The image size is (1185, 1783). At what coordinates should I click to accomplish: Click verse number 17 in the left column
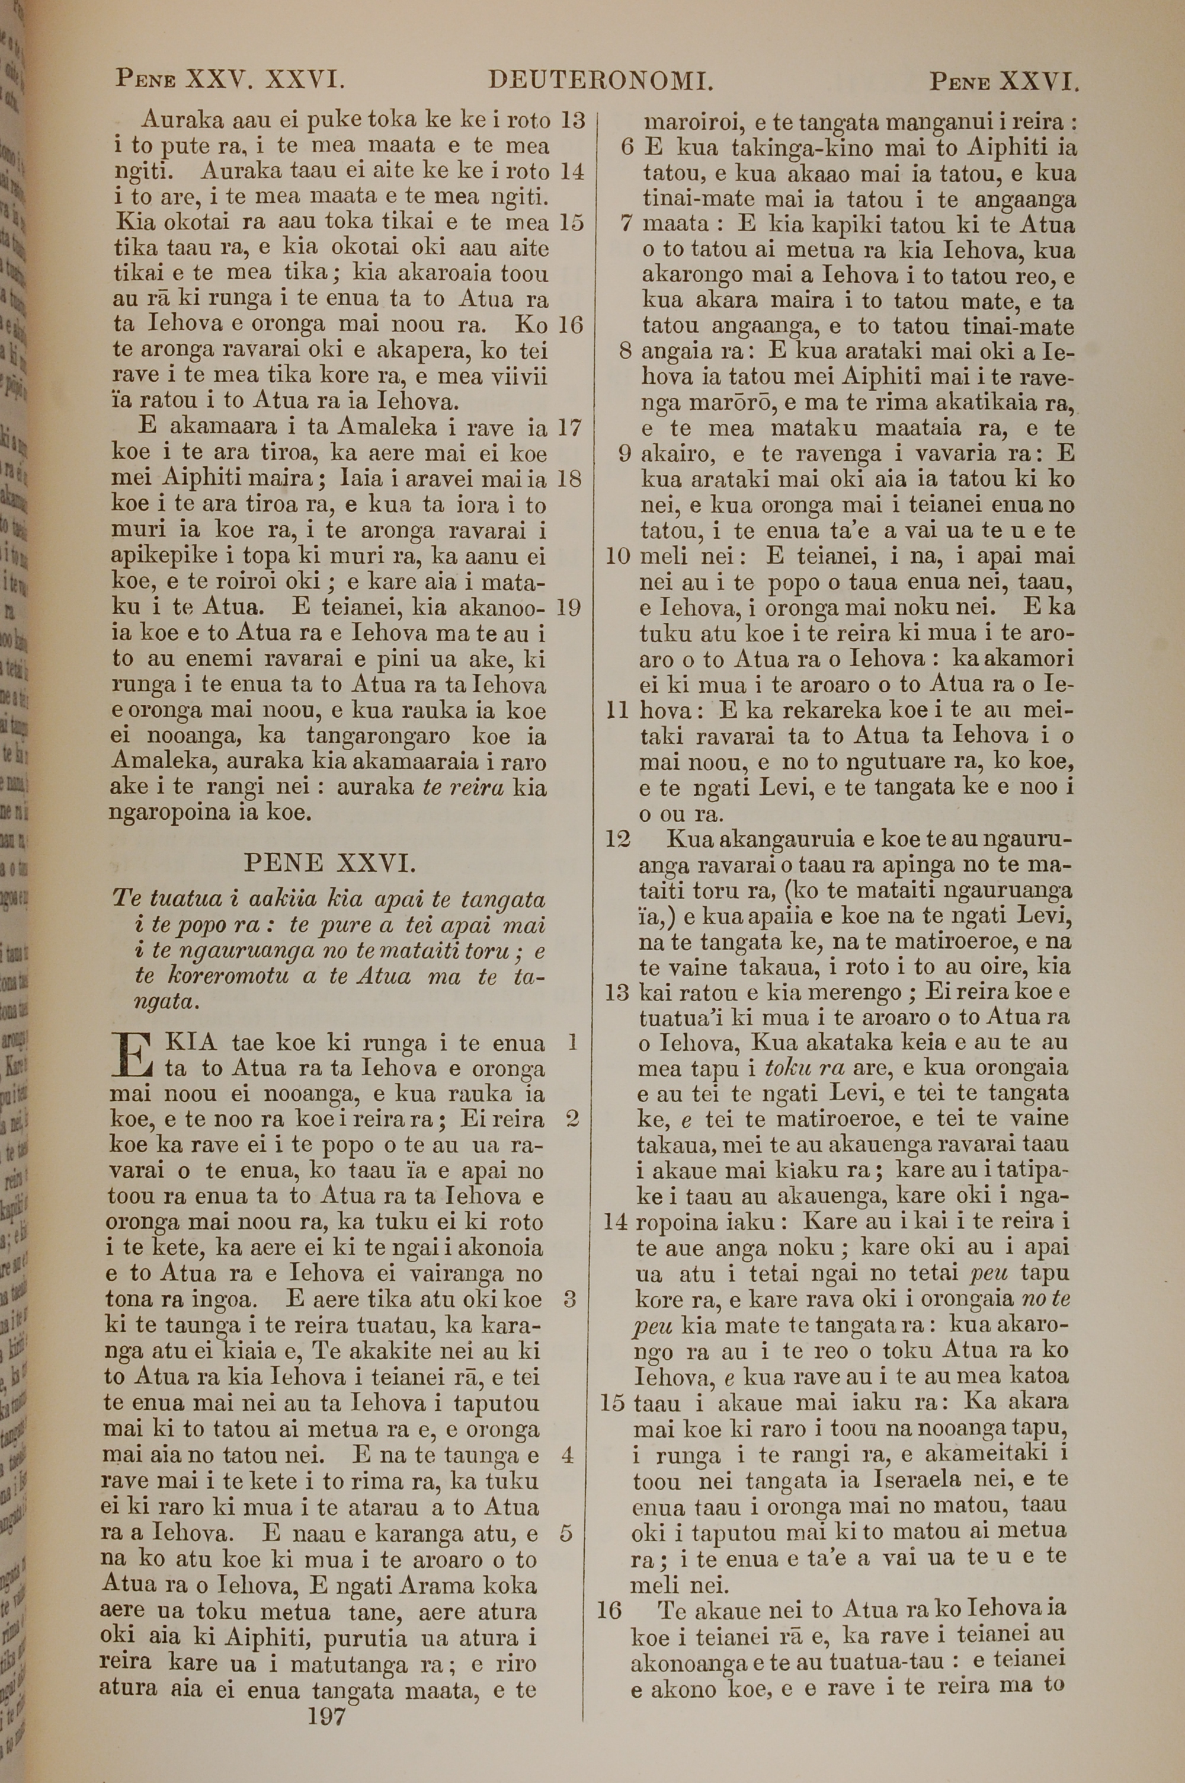568,429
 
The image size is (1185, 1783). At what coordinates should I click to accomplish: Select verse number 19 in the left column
568,608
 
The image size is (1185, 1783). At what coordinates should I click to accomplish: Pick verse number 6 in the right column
626,148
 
